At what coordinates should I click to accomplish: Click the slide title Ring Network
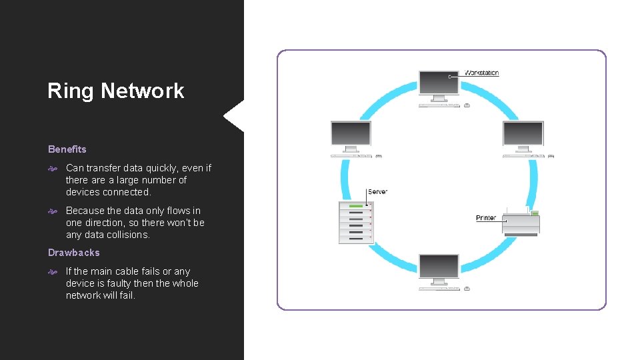coord(115,91)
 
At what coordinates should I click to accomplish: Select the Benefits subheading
coord(67,149)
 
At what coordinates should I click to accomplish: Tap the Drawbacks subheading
coord(73,253)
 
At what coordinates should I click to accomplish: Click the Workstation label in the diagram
coord(481,73)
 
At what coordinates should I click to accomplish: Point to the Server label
coord(377,192)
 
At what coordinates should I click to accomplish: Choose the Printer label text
coord(485,218)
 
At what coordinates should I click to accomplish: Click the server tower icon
coord(356,222)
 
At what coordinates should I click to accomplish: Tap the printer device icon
coord(521,223)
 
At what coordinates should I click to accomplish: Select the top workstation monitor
coord(439,85)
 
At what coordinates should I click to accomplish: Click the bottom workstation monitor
coord(439,268)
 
